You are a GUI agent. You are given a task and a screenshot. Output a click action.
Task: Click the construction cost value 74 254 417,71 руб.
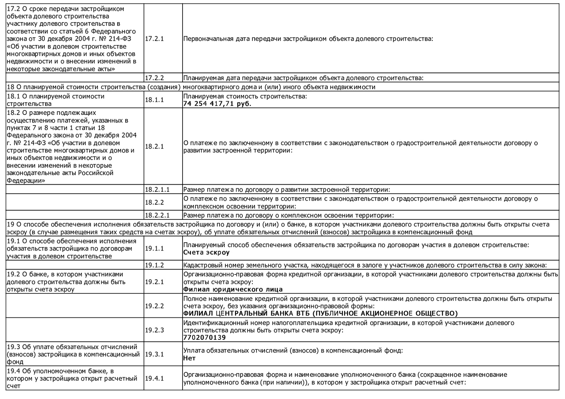217,104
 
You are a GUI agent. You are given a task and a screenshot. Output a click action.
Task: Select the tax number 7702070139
204,338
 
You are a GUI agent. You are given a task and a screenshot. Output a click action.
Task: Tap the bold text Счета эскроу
206,253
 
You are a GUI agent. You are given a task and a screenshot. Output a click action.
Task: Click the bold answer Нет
189,358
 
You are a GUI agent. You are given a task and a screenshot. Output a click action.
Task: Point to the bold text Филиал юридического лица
233,290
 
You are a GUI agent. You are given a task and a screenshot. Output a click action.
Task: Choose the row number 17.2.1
154,39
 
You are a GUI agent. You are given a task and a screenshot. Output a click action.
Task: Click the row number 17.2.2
154,78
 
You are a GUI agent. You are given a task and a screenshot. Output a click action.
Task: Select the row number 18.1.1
154,100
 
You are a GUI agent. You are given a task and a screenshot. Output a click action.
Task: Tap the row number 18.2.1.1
157,190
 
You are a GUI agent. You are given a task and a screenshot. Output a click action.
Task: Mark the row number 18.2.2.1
157,215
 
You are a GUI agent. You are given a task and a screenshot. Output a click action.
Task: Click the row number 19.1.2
154,265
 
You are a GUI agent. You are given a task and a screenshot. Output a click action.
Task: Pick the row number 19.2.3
154,330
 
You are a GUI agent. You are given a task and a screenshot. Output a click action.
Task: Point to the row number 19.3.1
154,354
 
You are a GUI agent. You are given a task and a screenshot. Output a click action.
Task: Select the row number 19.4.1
154,378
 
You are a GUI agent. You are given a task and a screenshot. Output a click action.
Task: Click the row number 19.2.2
154,306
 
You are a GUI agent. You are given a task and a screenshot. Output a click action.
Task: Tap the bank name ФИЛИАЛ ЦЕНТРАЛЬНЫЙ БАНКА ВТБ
320,314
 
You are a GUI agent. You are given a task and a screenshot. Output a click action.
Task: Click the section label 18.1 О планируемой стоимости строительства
55,100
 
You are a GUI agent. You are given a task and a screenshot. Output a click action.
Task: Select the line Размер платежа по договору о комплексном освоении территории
289,215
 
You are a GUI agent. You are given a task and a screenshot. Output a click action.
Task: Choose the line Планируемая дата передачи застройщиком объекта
303,78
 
